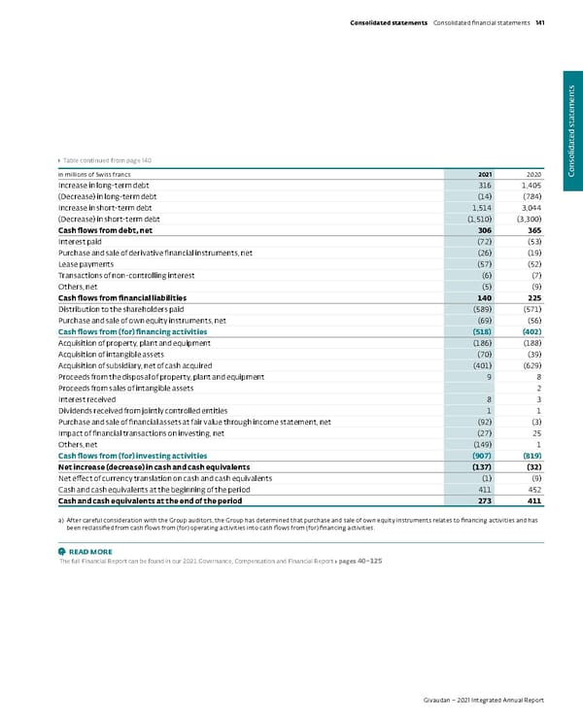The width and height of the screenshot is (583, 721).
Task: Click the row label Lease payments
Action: click(x=87, y=263)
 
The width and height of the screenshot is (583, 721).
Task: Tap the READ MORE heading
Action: click(x=91, y=553)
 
